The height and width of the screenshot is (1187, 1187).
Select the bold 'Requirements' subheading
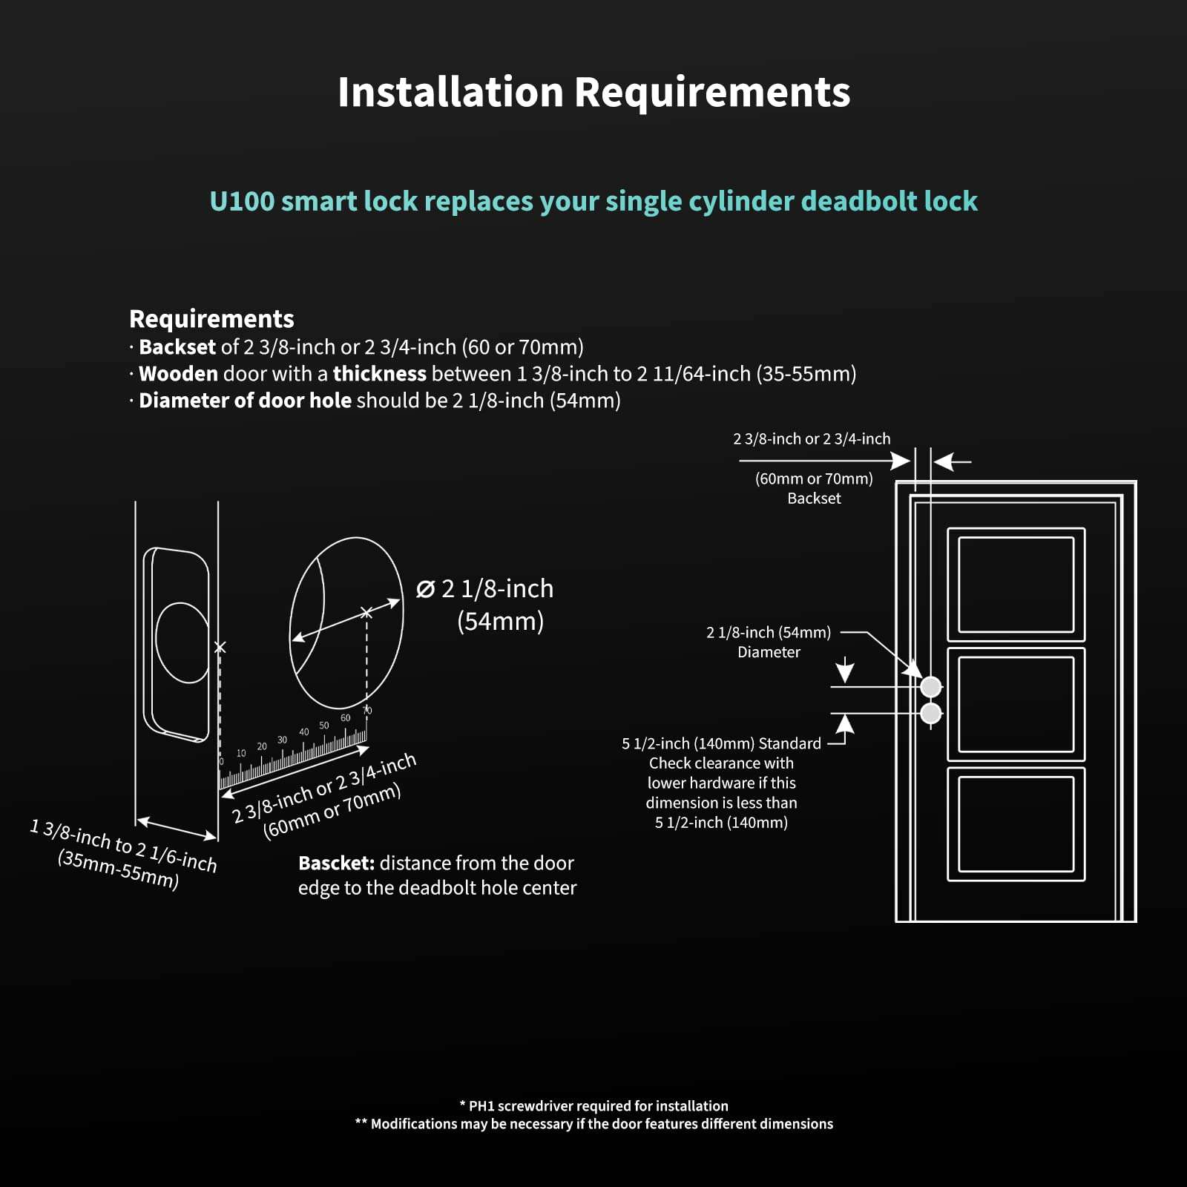[x=211, y=319]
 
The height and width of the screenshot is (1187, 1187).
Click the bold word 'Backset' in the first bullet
[x=177, y=347]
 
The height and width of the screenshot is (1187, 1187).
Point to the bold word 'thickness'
[x=379, y=374]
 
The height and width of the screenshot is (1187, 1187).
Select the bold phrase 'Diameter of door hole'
[x=245, y=401]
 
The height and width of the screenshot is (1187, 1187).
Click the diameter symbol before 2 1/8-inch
[x=425, y=589]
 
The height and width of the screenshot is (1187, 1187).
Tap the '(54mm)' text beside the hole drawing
[x=500, y=621]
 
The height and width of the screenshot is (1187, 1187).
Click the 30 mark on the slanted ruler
[x=282, y=740]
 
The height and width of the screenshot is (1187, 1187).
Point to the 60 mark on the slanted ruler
[x=345, y=718]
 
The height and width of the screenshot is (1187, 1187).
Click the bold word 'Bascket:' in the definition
[x=336, y=864]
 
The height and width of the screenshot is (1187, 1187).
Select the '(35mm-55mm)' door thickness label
[x=118, y=869]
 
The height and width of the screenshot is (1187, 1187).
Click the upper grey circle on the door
[x=930, y=687]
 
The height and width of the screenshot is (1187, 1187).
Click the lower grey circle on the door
[x=930, y=714]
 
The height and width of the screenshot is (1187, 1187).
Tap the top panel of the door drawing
[x=1016, y=585]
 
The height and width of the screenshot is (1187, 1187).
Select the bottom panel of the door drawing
[x=1016, y=824]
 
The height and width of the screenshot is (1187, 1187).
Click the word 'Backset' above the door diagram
[x=814, y=499]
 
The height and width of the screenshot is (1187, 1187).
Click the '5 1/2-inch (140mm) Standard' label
[x=721, y=743]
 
